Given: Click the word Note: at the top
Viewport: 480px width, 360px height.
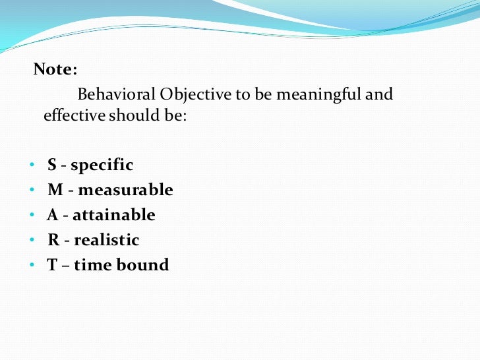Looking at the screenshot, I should click(x=55, y=69).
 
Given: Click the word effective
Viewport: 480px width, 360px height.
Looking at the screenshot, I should click(x=74, y=115).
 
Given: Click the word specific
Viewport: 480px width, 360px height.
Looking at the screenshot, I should click(x=102, y=165).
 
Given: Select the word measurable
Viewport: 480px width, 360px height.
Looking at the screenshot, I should click(x=125, y=190).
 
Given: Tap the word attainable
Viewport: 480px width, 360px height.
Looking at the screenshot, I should click(x=113, y=215).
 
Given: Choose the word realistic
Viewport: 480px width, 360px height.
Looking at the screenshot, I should click(x=106, y=240).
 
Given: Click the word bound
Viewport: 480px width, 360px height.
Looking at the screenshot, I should click(x=148, y=265).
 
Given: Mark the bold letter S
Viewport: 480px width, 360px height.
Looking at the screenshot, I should click(x=52, y=165).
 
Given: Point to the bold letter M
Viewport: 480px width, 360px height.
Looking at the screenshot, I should click(x=55, y=190).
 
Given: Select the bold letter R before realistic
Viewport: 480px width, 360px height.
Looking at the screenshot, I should click(x=53, y=240).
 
